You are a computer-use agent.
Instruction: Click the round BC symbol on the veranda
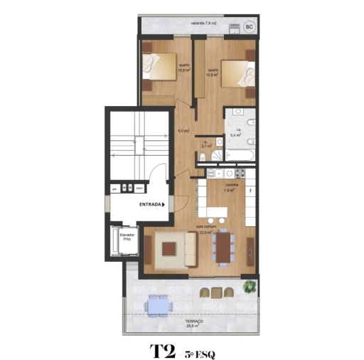pos(249,27)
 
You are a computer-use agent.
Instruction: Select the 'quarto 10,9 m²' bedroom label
pos(183,69)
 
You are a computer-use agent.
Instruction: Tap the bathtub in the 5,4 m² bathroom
pos(240,154)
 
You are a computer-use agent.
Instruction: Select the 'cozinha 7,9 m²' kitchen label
pos(230,189)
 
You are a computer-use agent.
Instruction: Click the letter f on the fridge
pos(250,191)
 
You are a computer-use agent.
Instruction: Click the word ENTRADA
pos(149,204)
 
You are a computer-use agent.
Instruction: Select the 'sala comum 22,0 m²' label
pos(207,230)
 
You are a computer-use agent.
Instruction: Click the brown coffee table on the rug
pos(168,249)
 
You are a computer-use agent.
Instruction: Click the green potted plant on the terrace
pos(249,287)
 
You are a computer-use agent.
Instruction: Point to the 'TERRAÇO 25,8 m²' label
pos(194,324)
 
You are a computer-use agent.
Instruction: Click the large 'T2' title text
pos(163,351)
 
